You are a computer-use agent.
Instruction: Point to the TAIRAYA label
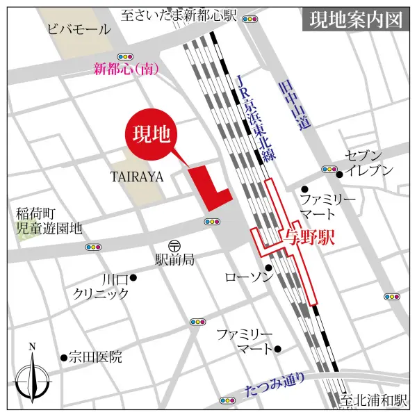(x=137, y=177)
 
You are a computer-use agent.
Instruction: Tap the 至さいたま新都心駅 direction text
(x=179, y=14)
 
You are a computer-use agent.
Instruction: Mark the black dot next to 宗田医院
(x=64, y=358)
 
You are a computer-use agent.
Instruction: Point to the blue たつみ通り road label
(x=275, y=385)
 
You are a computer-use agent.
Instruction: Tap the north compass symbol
(x=33, y=376)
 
